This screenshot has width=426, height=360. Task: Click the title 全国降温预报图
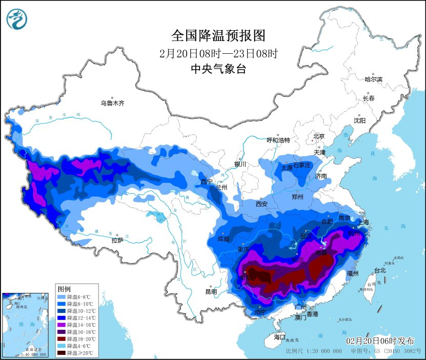coord(218,35)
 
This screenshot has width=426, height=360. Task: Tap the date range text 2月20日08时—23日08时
coord(218,53)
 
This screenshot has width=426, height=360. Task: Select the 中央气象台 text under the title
coord(218,69)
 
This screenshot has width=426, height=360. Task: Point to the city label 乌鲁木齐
coord(112,103)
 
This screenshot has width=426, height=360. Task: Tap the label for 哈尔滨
coord(373,79)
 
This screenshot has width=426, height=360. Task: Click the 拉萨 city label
coord(117,240)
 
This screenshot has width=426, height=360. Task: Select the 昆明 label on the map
coord(211,291)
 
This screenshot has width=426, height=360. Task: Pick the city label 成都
coord(224,239)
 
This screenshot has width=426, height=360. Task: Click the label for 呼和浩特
coord(278,140)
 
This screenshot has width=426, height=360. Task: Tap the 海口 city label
coord(279,337)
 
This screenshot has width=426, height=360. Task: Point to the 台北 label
coord(379,270)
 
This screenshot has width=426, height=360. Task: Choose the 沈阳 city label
coord(359,120)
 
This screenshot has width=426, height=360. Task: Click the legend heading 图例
coord(64,289)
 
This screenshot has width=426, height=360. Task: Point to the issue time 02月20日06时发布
coord(380,341)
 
